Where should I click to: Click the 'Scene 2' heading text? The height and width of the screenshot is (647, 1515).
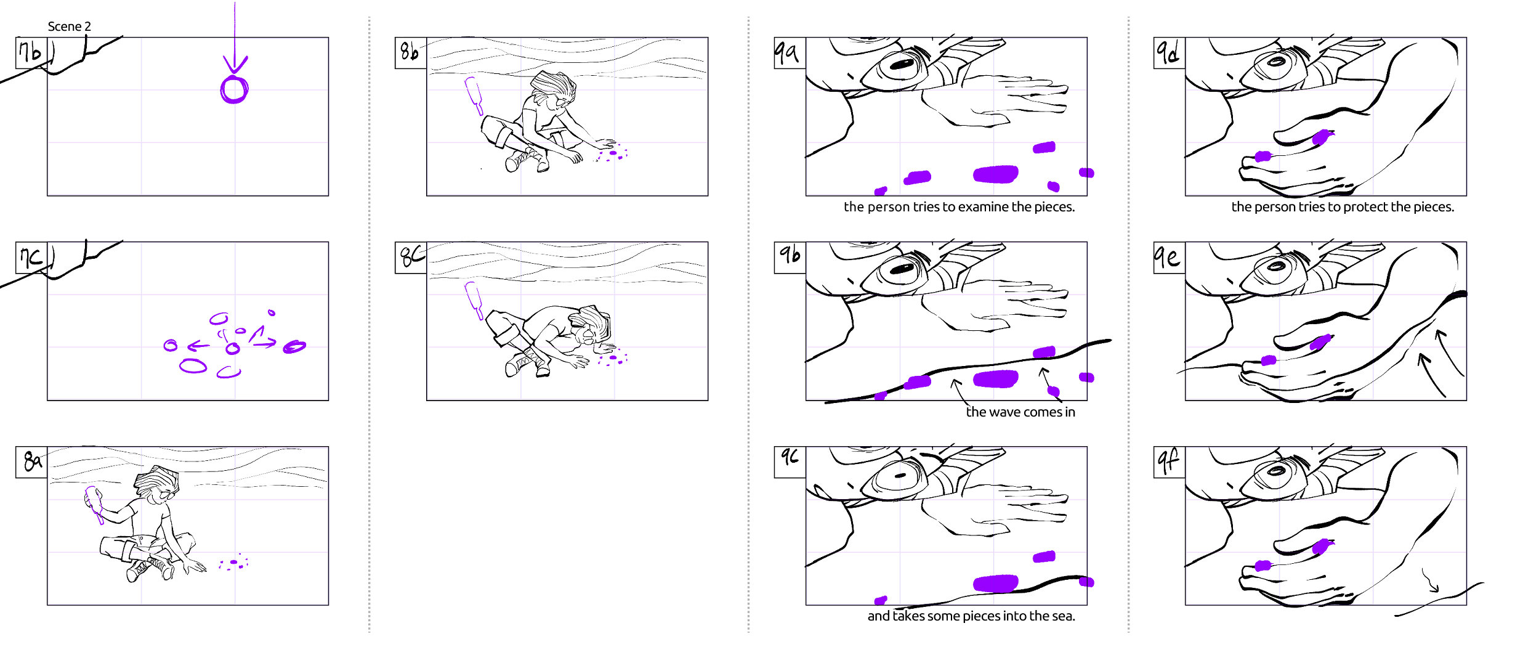(x=69, y=26)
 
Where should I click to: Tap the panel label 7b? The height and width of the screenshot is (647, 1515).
(x=31, y=52)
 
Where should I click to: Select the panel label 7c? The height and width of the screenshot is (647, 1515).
(x=31, y=257)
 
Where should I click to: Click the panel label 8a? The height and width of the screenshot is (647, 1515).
(x=31, y=462)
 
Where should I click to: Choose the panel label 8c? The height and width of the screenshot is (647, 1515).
(x=410, y=257)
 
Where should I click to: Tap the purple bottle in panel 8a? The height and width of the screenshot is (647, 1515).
(x=94, y=505)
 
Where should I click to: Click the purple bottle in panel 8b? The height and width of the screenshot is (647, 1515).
(x=474, y=95)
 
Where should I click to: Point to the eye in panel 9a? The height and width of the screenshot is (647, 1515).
(x=900, y=65)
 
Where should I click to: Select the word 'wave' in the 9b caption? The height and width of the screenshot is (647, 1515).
(x=1004, y=412)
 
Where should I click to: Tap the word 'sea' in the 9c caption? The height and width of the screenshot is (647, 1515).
(x=1062, y=616)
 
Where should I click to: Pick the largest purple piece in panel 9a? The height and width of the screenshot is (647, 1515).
(x=995, y=174)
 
